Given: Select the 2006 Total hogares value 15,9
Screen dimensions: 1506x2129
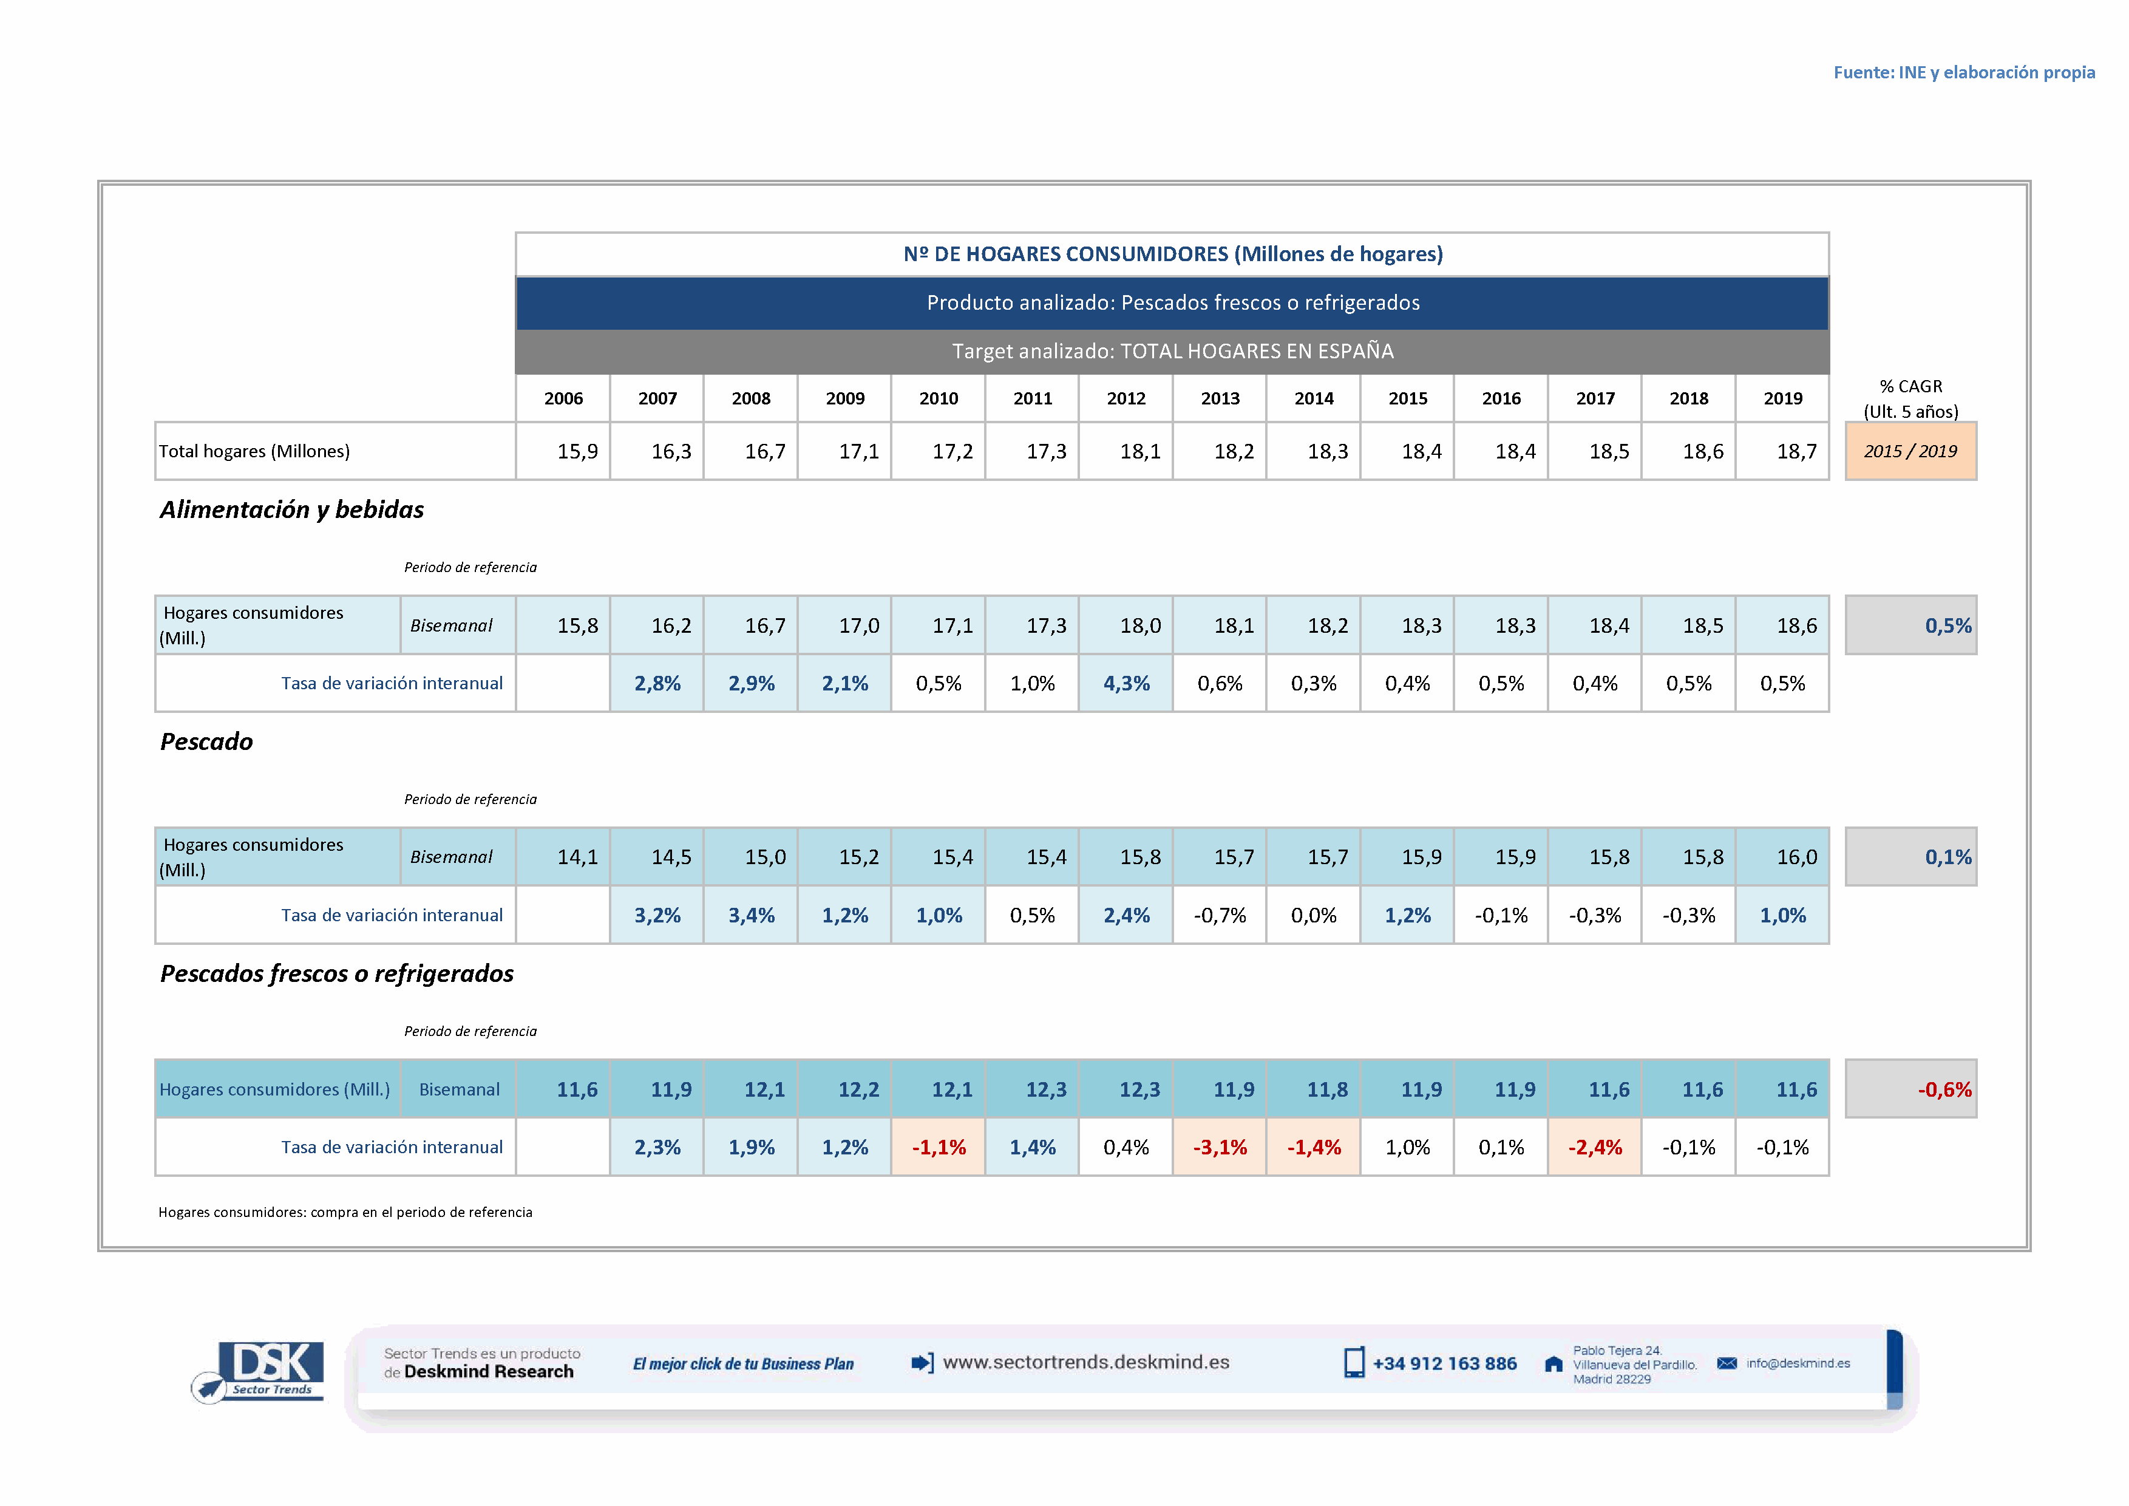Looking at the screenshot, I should (x=577, y=452).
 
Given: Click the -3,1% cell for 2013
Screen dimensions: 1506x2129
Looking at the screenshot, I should (x=1220, y=1147).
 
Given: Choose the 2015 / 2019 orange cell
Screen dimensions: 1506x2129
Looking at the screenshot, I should (x=1910, y=452).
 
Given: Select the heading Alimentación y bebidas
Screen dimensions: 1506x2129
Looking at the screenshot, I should (x=291, y=510).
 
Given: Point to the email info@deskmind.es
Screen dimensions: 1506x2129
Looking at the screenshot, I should (x=1797, y=1363).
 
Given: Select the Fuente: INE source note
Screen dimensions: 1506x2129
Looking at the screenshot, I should (x=1963, y=72).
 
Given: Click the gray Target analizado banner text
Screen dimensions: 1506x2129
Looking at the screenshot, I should (x=1172, y=352).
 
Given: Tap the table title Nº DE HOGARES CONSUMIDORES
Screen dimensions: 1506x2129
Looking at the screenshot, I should (x=1172, y=254).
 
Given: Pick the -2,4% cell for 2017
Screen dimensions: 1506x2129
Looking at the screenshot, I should (x=1594, y=1147).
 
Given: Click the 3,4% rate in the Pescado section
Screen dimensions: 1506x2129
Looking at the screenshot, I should (x=751, y=915).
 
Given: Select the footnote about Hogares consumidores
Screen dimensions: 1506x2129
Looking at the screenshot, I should (x=345, y=1212).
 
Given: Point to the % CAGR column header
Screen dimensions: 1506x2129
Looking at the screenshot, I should (x=1910, y=399).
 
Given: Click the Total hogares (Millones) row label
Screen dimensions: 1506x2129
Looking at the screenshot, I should (x=254, y=452).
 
